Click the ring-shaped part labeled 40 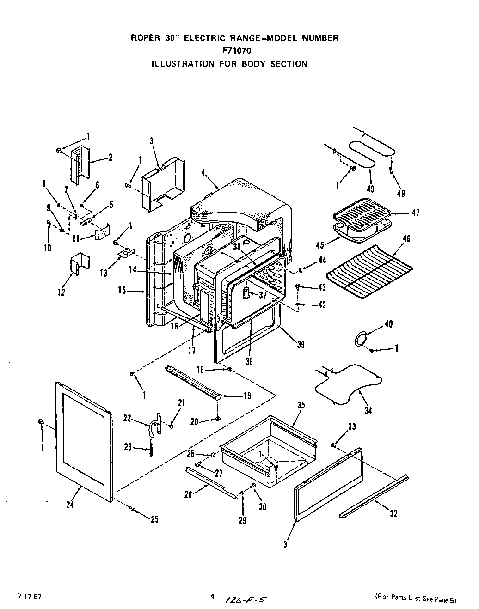[361, 338]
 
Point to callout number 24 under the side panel [70, 505]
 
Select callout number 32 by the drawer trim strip [393, 513]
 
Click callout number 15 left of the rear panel [122, 291]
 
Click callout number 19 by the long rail [247, 396]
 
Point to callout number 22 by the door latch [127, 418]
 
